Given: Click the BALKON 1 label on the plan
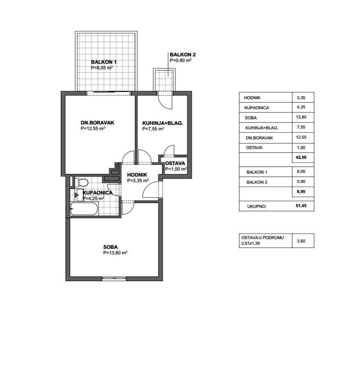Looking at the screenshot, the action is pyautogui.click(x=103, y=62).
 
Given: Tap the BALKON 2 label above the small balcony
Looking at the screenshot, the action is pyautogui.click(x=183, y=55).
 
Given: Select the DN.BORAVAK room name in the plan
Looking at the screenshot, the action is pyautogui.click(x=97, y=123).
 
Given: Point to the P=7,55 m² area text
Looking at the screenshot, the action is pyautogui.click(x=153, y=129).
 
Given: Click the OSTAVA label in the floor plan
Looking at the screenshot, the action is pyautogui.click(x=175, y=163).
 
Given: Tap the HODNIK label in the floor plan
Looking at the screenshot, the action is pyautogui.click(x=137, y=175).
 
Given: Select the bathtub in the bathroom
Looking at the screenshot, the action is pyautogui.click(x=84, y=209).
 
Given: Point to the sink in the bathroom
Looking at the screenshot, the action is pyautogui.click(x=79, y=195).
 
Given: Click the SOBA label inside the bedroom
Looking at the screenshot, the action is pyautogui.click(x=111, y=247).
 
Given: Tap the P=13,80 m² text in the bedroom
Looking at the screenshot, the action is pyautogui.click(x=115, y=253).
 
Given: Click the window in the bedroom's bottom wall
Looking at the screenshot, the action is pyautogui.click(x=114, y=278).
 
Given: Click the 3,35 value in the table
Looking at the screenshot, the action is pyautogui.click(x=301, y=98).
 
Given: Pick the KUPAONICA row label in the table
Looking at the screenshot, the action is pyautogui.click(x=256, y=108).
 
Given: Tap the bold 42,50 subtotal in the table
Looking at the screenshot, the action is pyautogui.click(x=301, y=157).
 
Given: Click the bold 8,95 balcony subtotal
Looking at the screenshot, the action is pyautogui.click(x=301, y=191).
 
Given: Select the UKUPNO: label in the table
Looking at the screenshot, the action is pyautogui.click(x=257, y=206).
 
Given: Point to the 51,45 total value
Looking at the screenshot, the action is pyautogui.click(x=301, y=205).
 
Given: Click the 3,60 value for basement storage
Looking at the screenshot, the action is pyautogui.click(x=301, y=241).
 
